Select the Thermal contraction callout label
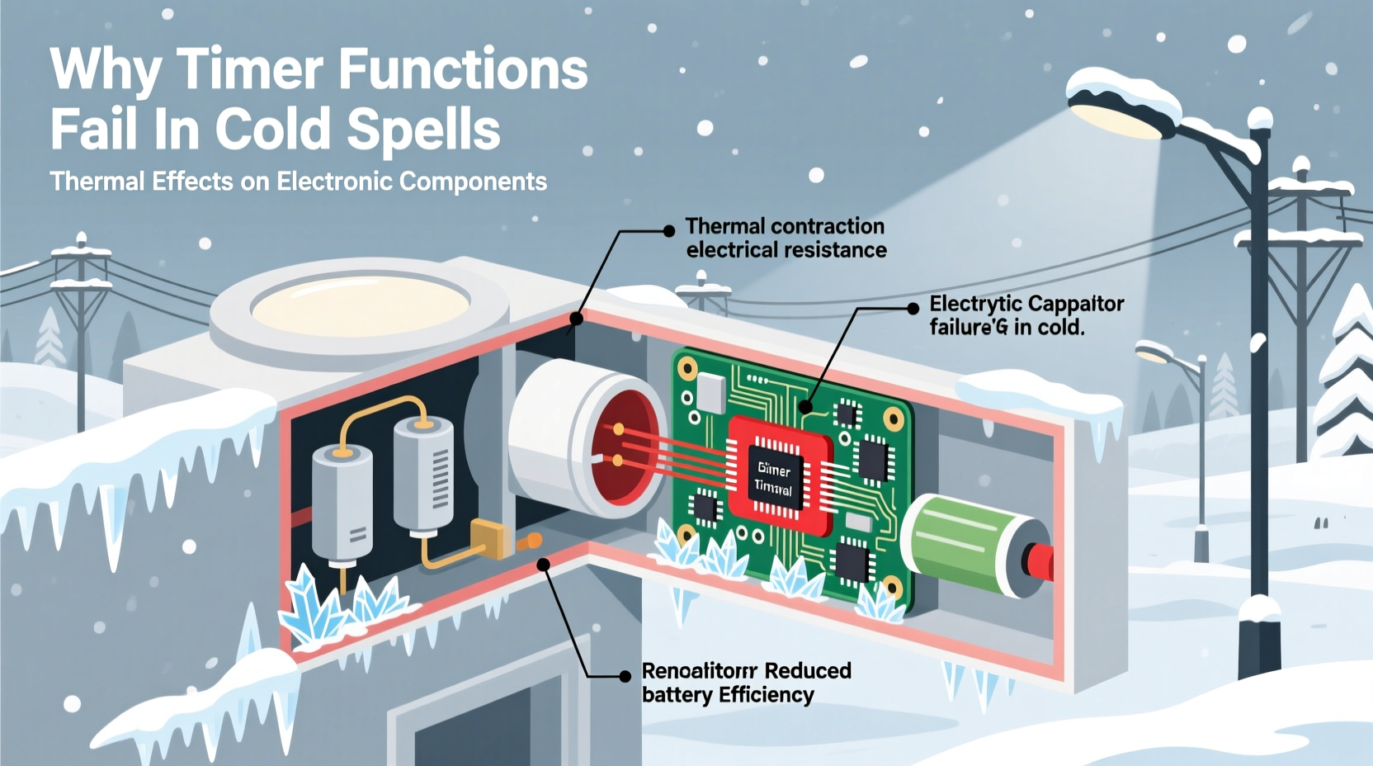(785, 238)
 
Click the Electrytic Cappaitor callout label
(1026, 315)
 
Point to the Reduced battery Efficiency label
(745, 683)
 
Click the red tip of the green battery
(1040, 562)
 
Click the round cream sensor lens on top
(360, 305)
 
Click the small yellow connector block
(488, 538)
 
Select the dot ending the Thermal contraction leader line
(577, 318)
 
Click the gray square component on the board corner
(710, 391)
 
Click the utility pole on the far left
(81, 330)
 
